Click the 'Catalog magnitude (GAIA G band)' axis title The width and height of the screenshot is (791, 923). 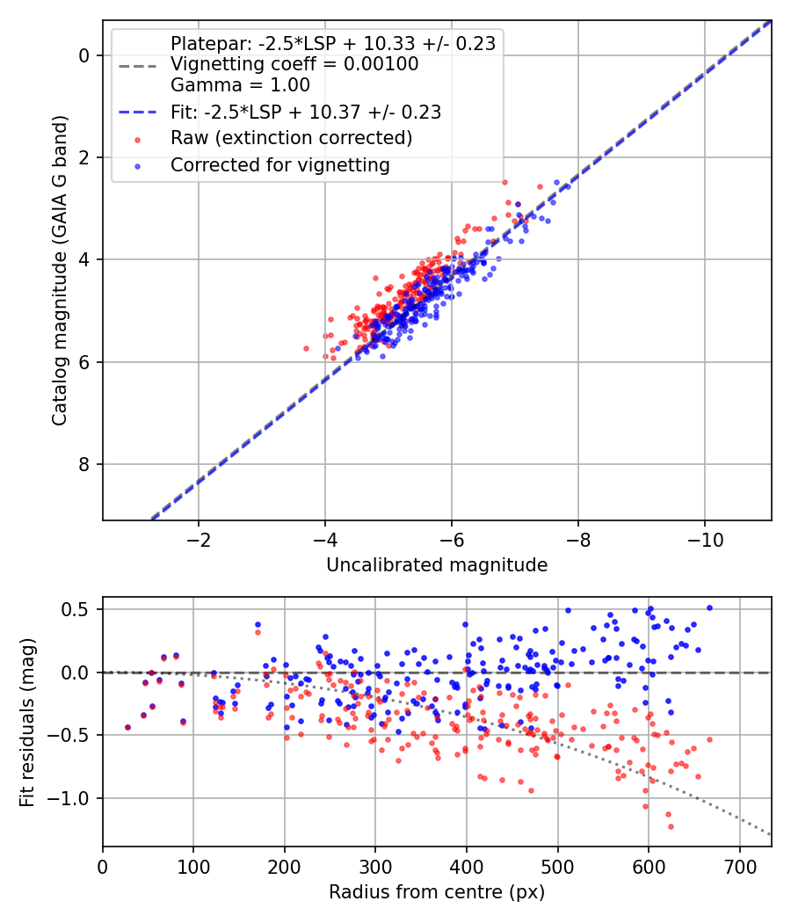pyautogui.click(x=60, y=270)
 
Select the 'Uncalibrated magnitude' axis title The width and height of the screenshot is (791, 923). pyautogui.click(x=437, y=565)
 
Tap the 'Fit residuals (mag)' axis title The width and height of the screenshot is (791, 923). pyautogui.click(x=27, y=722)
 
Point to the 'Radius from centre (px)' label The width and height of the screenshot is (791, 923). pyautogui.click(x=437, y=892)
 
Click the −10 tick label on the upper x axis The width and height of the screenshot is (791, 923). pyautogui.click(x=705, y=539)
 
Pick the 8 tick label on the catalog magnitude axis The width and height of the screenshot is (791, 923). pyautogui.click(x=84, y=464)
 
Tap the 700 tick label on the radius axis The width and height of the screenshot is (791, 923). pyautogui.click(x=739, y=867)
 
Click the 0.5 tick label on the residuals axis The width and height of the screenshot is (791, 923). pyautogui.click(x=75, y=608)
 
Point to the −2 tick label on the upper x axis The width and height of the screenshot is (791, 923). pyautogui.click(x=199, y=539)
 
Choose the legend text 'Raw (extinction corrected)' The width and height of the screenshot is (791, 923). pyautogui.click(x=291, y=138)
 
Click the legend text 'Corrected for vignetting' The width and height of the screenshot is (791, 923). pyautogui.click(x=280, y=165)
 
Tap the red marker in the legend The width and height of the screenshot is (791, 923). pyautogui.click(x=138, y=140)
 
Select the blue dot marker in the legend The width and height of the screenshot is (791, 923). pyautogui.click(x=138, y=167)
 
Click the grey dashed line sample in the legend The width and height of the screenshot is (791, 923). pyautogui.click(x=138, y=65)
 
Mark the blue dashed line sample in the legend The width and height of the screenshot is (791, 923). pyautogui.click(x=138, y=112)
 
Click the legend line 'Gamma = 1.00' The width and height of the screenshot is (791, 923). pyautogui.click(x=240, y=84)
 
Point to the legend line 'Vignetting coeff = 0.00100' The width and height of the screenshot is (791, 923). pyautogui.click(x=294, y=63)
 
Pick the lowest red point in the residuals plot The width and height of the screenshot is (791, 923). pyautogui.click(x=671, y=826)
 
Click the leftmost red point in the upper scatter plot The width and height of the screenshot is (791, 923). pyautogui.click(x=306, y=348)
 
